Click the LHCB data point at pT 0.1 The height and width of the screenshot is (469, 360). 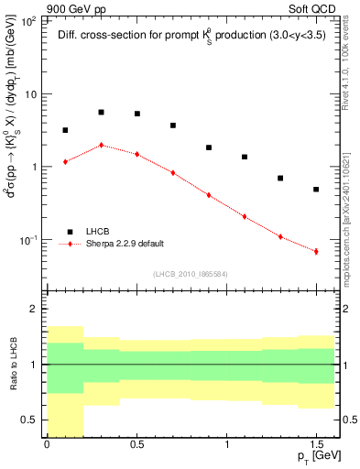point(65,130)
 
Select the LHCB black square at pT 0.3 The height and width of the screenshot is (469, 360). point(101,112)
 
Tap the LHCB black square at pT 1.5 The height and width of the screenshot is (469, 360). point(316,190)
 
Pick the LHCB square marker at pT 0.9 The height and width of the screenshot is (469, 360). point(209,147)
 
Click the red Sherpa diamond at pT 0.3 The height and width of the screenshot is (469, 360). point(101,145)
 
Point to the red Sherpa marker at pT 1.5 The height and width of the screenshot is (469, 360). point(316,251)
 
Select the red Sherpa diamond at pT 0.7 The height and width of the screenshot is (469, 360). point(172,172)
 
